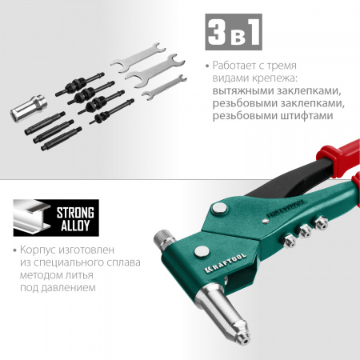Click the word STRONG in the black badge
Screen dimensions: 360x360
click(x=75, y=214)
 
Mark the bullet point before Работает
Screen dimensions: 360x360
click(x=206, y=65)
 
